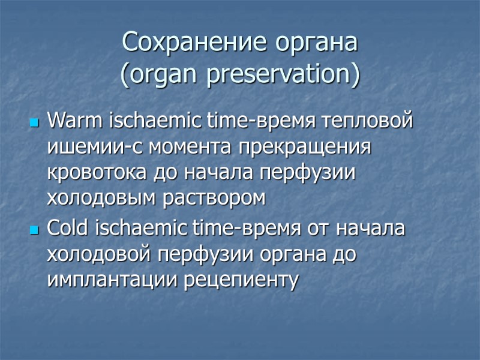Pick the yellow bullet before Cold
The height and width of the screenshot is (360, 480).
[34, 230]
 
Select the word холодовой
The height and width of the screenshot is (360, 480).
[98, 254]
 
